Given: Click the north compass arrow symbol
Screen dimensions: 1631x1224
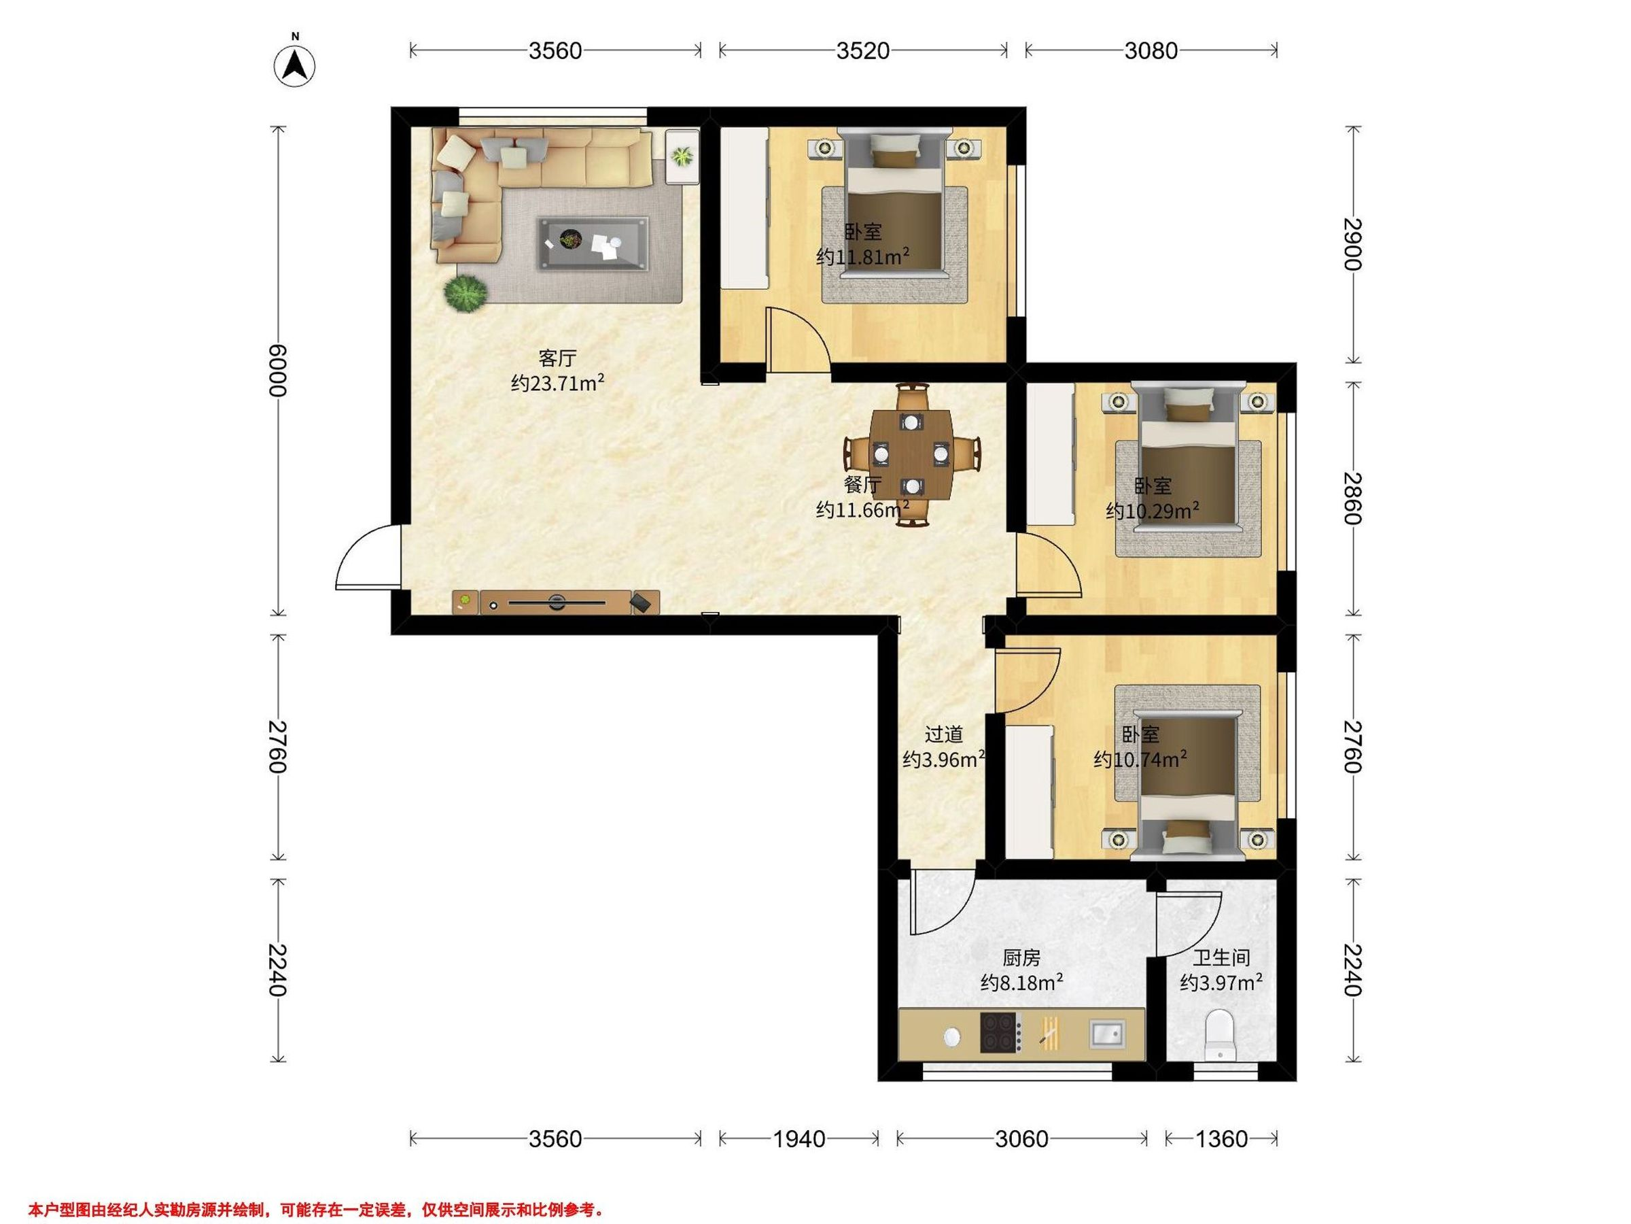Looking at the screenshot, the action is (295, 67).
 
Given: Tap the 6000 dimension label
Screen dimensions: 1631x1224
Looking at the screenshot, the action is (277, 371).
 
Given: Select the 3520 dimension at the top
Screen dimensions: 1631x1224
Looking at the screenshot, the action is (862, 50).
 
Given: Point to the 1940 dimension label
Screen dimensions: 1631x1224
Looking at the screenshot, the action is (799, 1139).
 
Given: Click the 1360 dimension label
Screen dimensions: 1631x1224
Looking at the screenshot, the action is (1221, 1139).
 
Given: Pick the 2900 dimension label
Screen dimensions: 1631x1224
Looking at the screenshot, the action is (1352, 244).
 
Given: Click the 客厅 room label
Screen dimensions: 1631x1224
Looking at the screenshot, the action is (557, 358).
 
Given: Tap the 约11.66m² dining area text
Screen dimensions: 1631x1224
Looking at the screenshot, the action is (862, 509).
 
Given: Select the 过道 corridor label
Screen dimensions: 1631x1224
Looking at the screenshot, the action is (944, 735).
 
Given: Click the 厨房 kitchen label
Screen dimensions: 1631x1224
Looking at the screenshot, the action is (1021, 957).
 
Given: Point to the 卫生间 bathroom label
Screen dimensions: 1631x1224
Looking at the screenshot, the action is (1221, 957).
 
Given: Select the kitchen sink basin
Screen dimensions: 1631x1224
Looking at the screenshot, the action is (1108, 1034).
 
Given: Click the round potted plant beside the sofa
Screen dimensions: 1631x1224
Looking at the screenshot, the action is (466, 293).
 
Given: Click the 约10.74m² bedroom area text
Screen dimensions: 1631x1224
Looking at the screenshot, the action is (1140, 759).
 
